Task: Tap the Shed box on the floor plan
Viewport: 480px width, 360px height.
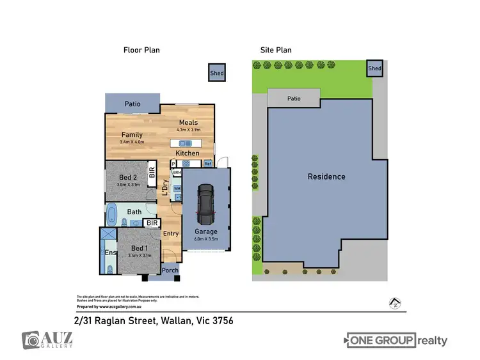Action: click(218, 74)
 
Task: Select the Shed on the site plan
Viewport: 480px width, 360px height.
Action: click(374, 68)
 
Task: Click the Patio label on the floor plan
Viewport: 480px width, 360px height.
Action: click(132, 103)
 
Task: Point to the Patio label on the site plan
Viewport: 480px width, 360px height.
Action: click(294, 98)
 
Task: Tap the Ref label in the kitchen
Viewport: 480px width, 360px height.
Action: click(208, 164)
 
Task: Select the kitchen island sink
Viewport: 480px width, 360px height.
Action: click(186, 144)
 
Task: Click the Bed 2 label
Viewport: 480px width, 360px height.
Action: click(128, 177)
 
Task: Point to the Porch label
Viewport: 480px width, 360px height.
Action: click(170, 270)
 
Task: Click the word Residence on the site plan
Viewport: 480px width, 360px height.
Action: click(326, 176)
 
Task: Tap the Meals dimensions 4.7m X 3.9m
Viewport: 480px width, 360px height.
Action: click(188, 130)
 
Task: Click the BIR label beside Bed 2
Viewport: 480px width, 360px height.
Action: click(152, 173)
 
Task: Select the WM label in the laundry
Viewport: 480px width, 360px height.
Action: click(177, 189)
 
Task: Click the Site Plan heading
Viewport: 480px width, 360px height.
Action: click(276, 49)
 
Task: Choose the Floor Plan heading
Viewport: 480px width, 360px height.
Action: click(141, 49)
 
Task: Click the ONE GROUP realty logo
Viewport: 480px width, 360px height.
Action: click(397, 341)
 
